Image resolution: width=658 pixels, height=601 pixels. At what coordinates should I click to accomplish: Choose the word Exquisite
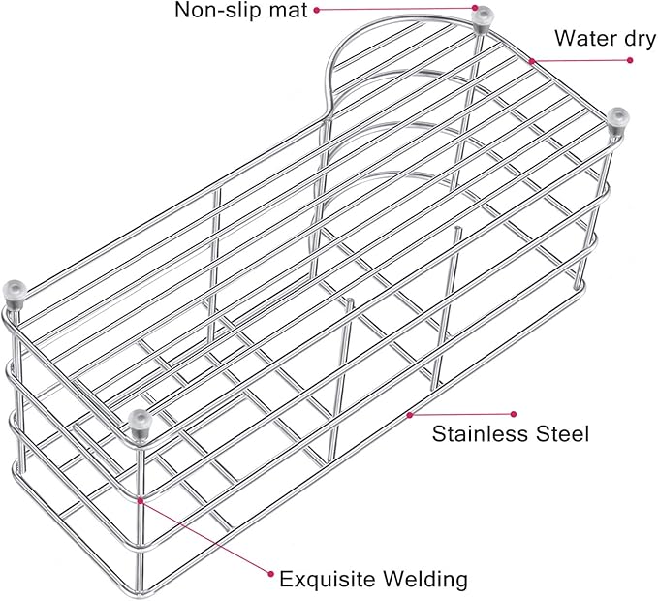[328, 579]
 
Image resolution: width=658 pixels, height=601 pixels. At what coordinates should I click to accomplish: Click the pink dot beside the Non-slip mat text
[317, 10]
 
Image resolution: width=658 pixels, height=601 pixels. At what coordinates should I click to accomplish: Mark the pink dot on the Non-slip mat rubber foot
[475, 8]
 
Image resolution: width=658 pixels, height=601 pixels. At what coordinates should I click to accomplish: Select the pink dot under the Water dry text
[630, 60]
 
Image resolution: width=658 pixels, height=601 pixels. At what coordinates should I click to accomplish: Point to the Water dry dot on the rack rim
[532, 61]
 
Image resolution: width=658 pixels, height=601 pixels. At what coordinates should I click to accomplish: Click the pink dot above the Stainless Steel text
[514, 414]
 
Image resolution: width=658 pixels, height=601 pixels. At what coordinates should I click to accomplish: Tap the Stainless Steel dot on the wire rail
[410, 415]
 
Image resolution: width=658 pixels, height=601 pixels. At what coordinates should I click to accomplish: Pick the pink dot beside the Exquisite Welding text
[271, 574]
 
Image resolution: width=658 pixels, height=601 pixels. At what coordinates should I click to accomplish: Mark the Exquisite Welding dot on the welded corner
[141, 501]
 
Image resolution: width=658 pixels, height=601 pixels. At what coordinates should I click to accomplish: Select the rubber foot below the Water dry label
[618, 121]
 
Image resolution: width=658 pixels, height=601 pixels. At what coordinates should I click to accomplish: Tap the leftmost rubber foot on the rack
[15, 294]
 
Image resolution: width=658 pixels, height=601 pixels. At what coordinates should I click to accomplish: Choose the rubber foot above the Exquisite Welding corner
[140, 425]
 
